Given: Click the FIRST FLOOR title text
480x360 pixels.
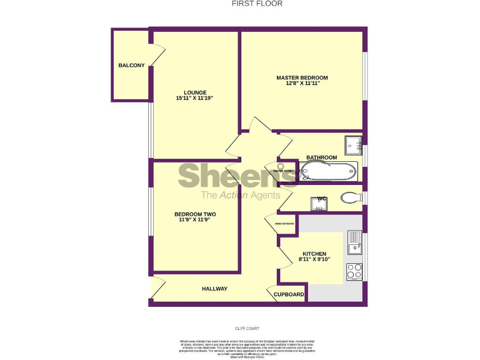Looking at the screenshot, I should pos(257,4).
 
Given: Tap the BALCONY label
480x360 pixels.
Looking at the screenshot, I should pos(131,66).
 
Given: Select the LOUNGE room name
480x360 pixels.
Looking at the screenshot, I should pos(195,92).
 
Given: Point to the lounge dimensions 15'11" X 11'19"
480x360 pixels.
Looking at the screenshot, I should pos(195,99).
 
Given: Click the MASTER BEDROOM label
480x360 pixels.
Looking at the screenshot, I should pos(302,78).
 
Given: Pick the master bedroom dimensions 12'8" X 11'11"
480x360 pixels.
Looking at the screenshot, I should pos(302,84).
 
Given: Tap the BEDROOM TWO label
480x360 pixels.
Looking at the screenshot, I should pos(195,214).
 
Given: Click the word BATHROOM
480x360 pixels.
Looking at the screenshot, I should pos(321,157).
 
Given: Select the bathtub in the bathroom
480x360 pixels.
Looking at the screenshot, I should pos(329,171).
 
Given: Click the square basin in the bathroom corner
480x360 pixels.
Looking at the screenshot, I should pos(353,145).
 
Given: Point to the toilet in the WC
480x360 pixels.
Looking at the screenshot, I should pos(351,198).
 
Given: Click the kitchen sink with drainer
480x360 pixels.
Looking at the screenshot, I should pos(354,242).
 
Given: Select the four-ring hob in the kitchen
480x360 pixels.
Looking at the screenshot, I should pos(354,271).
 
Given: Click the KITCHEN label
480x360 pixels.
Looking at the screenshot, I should pos(312,254).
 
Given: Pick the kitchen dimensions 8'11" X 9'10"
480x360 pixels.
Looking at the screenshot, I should pos(312,259).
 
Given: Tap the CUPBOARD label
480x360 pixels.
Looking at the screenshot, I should pos(289,294).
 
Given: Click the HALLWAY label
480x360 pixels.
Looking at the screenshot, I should pos(214,289).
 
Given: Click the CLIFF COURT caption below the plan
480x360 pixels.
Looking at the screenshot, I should pos(247,328).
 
